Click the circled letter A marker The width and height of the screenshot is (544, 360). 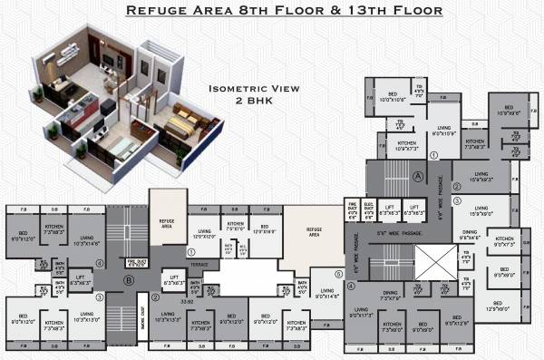pos(418,175)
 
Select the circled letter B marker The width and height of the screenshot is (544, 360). pos(130,279)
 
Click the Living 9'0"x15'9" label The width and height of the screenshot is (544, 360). pos(443,131)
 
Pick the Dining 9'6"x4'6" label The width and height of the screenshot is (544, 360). pos(470,233)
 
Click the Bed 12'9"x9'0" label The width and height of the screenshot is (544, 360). pos(497,306)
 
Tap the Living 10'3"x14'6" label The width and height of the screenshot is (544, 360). pos(86,241)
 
